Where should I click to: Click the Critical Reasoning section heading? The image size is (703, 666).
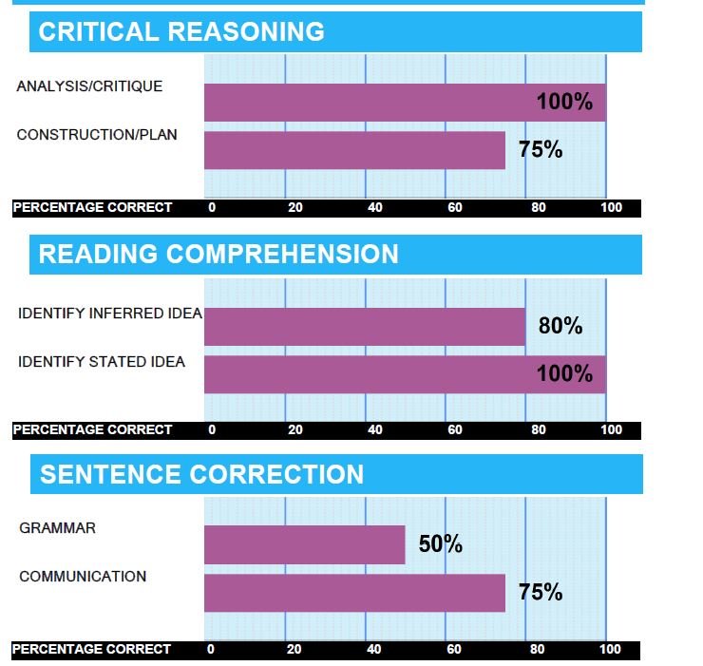pos(181,31)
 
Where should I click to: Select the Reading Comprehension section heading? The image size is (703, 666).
pos(218,254)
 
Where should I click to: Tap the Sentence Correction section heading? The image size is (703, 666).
pos(201,474)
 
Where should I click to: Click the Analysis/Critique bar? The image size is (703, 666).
pos(405,103)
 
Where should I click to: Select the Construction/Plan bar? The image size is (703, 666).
pos(354,150)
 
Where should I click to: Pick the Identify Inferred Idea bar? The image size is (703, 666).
pos(365,327)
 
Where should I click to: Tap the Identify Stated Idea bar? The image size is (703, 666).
pos(405,374)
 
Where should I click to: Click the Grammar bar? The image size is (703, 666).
pos(305,545)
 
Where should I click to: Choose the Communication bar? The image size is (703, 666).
pos(354,593)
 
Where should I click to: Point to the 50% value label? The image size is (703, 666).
pos(440,545)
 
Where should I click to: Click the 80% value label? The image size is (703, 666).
pos(560,327)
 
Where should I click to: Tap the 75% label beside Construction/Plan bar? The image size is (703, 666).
pos(541,150)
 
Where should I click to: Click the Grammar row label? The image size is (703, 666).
pos(57,528)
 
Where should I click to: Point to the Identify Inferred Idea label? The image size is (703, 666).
pos(110,314)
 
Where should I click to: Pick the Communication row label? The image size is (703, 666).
pos(83,577)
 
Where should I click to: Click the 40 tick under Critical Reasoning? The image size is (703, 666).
pos(375,208)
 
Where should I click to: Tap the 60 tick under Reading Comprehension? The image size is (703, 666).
pos(455,430)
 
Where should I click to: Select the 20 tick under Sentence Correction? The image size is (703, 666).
pos(295,651)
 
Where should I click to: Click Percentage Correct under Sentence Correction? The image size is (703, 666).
pos(92,650)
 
